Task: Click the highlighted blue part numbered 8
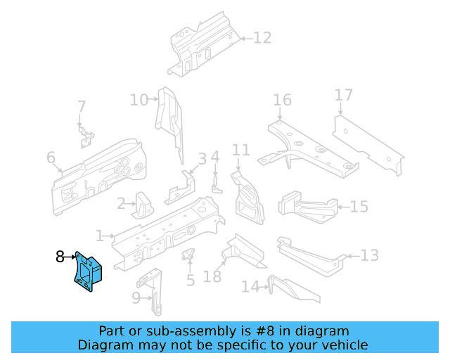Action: [87, 271]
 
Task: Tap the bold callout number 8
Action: [60, 257]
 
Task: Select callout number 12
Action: [262, 38]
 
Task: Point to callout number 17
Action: [343, 95]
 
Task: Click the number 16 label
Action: [282, 101]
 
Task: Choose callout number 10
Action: [139, 100]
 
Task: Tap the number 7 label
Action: [82, 107]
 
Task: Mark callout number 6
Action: [51, 157]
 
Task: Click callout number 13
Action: [370, 255]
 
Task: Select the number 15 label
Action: [359, 207]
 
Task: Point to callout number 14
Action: [250, 287]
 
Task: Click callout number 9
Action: [136, 298]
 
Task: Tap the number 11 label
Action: [241, 150]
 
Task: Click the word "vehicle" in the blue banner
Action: [345, 345]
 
